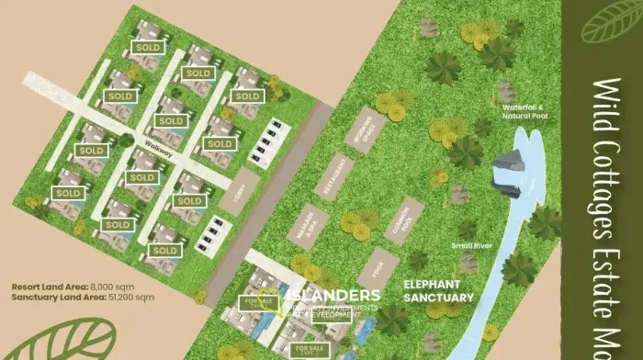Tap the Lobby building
tap(241, 191)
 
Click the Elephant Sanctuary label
tap(439, 291)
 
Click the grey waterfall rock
tap(511, 173)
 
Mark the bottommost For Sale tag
tap(307, 349)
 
